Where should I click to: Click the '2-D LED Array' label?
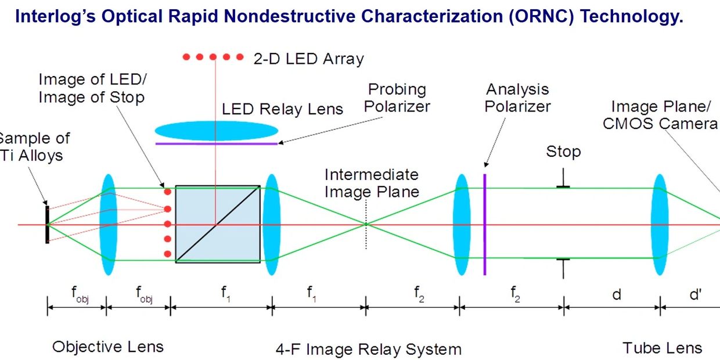tap(308, 58)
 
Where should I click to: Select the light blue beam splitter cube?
tap(217, 224)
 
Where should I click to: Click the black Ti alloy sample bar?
tap(48, 224)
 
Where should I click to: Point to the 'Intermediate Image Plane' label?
tap(372, 183)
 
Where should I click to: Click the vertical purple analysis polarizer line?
tap(484, 223)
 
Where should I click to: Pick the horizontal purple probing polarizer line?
tap(216, 143)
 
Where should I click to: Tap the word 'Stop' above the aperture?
tap(563, 152)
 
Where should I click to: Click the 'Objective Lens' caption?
tap(108, 347)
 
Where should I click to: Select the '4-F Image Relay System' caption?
tap(368, 349)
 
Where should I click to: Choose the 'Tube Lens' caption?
tap(662, 348)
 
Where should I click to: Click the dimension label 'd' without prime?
tap(617, 294)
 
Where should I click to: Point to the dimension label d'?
tap(695, 294)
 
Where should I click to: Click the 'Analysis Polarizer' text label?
tap(517, 98)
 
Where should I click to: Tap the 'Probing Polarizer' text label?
tap(398, 98)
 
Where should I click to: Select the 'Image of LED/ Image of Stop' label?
tap(91, 88)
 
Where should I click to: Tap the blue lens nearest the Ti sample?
tap(109, 224)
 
